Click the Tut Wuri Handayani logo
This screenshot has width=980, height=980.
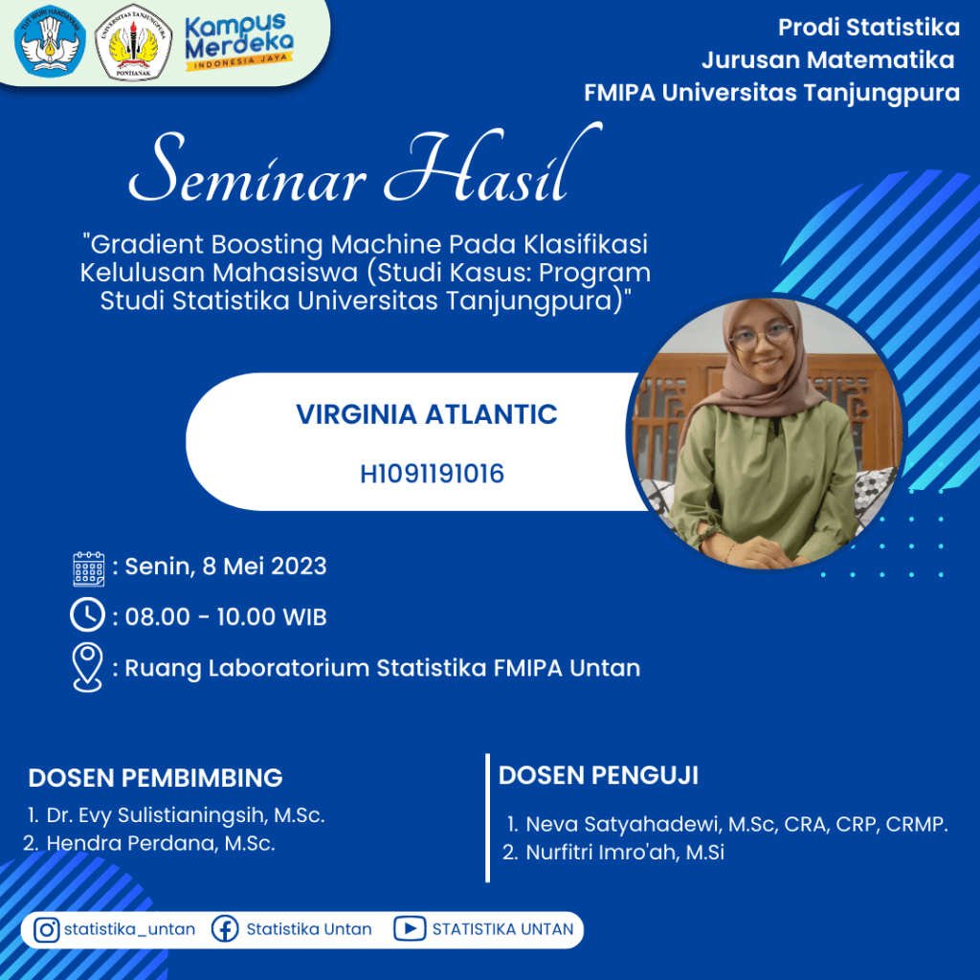pos(50,40)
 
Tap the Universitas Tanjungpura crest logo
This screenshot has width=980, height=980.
pos(133,42)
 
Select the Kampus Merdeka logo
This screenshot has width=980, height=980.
pos(239,41)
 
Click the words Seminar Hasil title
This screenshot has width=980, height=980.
pos(366,165)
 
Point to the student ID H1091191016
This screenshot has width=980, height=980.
pos(432,474)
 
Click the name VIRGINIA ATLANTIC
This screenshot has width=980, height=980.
pos(426,414)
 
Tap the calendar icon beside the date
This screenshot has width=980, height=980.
pos(89,568)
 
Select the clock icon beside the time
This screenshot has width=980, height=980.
pos(87,614)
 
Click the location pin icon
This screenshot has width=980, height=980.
pos(87,667)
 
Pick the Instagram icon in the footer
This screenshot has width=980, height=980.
pos(46,929)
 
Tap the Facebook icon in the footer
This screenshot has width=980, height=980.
pos(225,929)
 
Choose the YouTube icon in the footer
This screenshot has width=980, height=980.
pos(410,928)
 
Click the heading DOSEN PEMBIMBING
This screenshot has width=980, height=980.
pos(156,778)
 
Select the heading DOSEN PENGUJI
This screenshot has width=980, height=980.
pos(598,775)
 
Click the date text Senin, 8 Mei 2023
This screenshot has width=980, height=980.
pos(226,567)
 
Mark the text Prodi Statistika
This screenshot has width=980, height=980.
pos(869,28)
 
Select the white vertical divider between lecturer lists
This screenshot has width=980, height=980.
pos(487,817)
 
